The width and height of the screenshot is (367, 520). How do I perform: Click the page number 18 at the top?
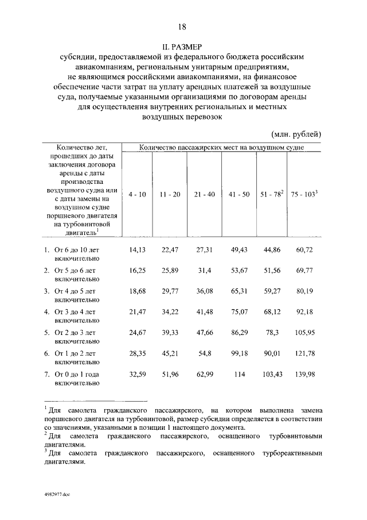[182, 27]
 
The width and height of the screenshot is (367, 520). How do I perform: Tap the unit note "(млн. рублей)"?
[296, 134]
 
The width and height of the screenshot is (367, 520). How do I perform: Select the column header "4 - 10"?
[137, 195]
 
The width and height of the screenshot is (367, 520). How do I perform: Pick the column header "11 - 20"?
[170, 195]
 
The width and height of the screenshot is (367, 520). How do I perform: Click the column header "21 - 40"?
[205, 195]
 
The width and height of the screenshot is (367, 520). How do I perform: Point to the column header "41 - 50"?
[239, 195]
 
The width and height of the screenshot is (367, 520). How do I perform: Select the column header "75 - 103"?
[304, 195]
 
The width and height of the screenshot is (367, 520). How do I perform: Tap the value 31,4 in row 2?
[205, 271]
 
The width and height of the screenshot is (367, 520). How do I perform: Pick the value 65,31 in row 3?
[239, 291]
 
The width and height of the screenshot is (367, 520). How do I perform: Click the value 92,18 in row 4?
[306, 312]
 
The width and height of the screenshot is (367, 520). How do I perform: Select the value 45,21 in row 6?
[170, 353]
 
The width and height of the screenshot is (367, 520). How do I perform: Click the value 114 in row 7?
[239, 374]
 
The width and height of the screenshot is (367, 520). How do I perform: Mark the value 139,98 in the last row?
[306, 374]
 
